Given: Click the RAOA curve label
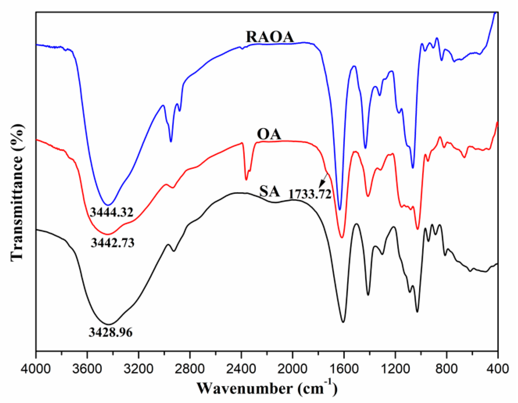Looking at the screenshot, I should (270, 37).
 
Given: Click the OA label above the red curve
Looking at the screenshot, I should (269, 134).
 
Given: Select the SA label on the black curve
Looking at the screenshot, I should (269, 191).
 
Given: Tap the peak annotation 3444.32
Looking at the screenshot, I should (112, 212).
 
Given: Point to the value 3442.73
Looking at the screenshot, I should (112, 243).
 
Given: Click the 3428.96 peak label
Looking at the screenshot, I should (111, 332).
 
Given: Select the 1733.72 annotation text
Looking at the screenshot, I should (310, 194).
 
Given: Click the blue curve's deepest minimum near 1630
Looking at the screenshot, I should (340, 209).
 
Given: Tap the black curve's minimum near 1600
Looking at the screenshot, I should (343, 322).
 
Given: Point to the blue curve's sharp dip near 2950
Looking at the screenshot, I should (171, 141).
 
